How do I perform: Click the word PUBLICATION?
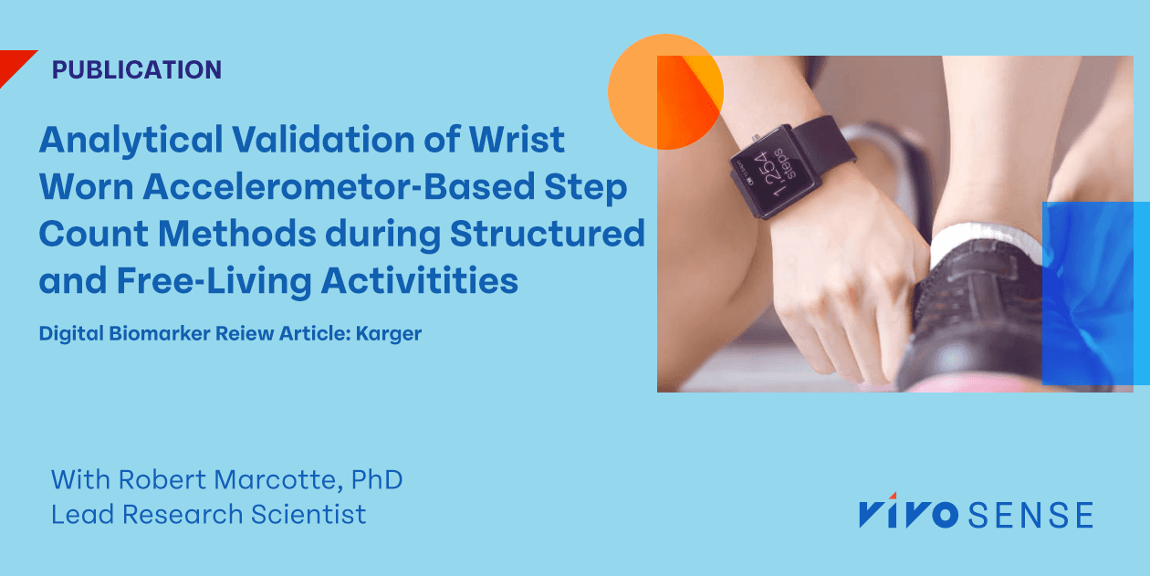pos(137,69)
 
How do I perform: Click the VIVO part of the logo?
pos(907,514)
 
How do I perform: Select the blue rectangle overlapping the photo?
pos(1095,292)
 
